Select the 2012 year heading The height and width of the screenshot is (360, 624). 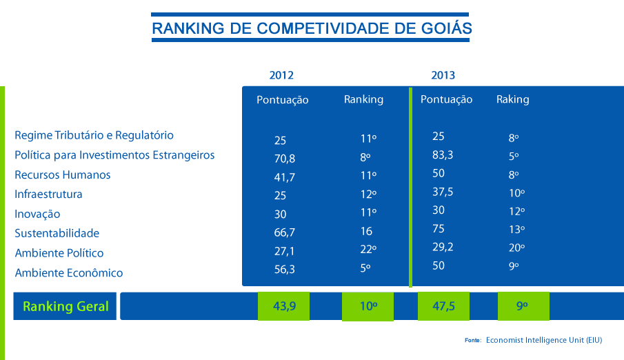coord(281,75)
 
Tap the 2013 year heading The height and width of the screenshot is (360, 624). coord(443,75)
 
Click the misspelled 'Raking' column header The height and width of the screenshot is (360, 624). coord(512,99)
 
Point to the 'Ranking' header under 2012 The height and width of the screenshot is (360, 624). coord(363,99)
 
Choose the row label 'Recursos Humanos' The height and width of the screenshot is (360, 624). coord(63,175)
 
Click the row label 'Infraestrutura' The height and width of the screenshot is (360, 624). coord(48,194)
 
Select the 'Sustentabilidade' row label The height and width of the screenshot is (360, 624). coord(57,234)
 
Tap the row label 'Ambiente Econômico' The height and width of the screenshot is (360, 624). coord(69,273)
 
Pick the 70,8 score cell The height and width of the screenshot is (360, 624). coord(284,158)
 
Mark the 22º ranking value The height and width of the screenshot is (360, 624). coord(367,249)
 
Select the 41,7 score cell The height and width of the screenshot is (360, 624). coord(284,177)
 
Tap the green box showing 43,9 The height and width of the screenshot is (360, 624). coord(284,307)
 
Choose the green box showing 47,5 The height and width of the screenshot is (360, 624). coord(443,307)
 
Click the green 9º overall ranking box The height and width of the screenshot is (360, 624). coord(523,307)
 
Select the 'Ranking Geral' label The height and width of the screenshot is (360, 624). coord(66,307)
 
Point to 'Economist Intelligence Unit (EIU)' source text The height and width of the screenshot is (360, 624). coord(545,340)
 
